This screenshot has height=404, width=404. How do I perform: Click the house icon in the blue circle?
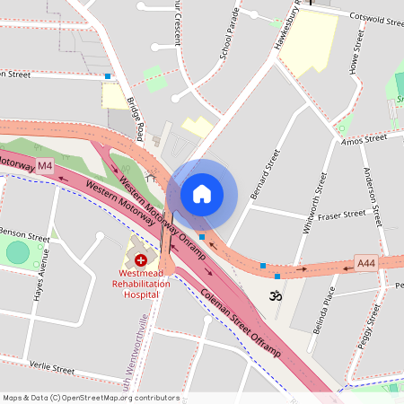coord(202,193)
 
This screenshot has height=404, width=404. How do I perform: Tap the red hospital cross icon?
coord(141,259)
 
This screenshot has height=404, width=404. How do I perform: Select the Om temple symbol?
coord(275,294)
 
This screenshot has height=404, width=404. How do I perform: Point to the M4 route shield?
coord(45,166)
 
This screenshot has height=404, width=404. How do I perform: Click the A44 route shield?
coord(365,263)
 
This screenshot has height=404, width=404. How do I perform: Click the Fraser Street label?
coord(343,215)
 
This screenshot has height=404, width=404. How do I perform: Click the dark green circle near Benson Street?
coord(18,252)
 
